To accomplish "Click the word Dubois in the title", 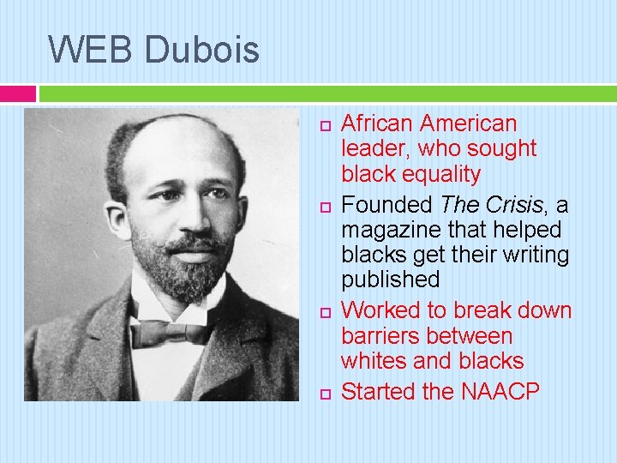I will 202,49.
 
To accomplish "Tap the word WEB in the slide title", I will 91,49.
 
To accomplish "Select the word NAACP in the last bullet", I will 500,392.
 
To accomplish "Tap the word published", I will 390,280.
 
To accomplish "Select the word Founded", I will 388,206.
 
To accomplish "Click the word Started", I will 379,392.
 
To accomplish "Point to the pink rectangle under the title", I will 18,93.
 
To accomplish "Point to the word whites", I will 376,362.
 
